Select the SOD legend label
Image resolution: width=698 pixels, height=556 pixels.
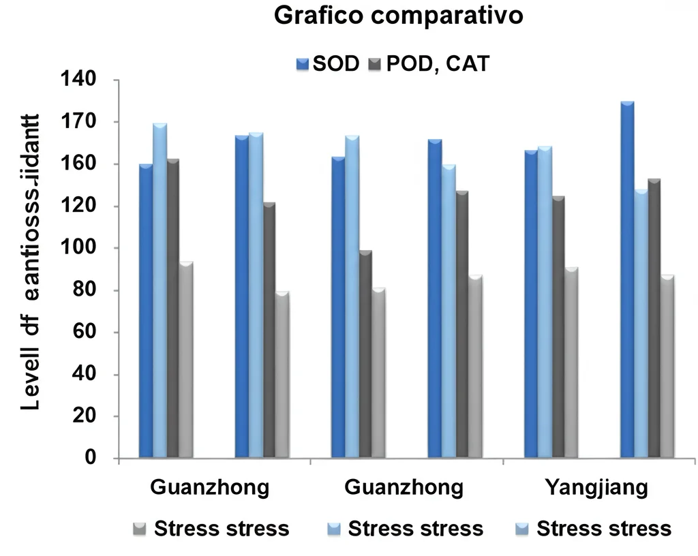coord(336,65)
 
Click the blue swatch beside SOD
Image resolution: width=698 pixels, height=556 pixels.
coord(303,65)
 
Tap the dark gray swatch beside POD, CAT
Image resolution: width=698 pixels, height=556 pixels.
coord(374,65)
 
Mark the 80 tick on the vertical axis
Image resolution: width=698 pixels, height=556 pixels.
coord(85,290)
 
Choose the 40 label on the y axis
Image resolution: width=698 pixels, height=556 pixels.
coord(85,375)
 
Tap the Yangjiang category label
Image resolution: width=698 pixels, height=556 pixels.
coord(596,488)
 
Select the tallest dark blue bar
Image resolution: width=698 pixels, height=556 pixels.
coord(627,279)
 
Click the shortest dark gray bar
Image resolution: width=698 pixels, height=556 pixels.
coord(365,354)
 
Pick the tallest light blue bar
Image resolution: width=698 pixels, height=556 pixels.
coord(160,290)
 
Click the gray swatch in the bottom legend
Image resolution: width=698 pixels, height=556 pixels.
coord(140,529)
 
